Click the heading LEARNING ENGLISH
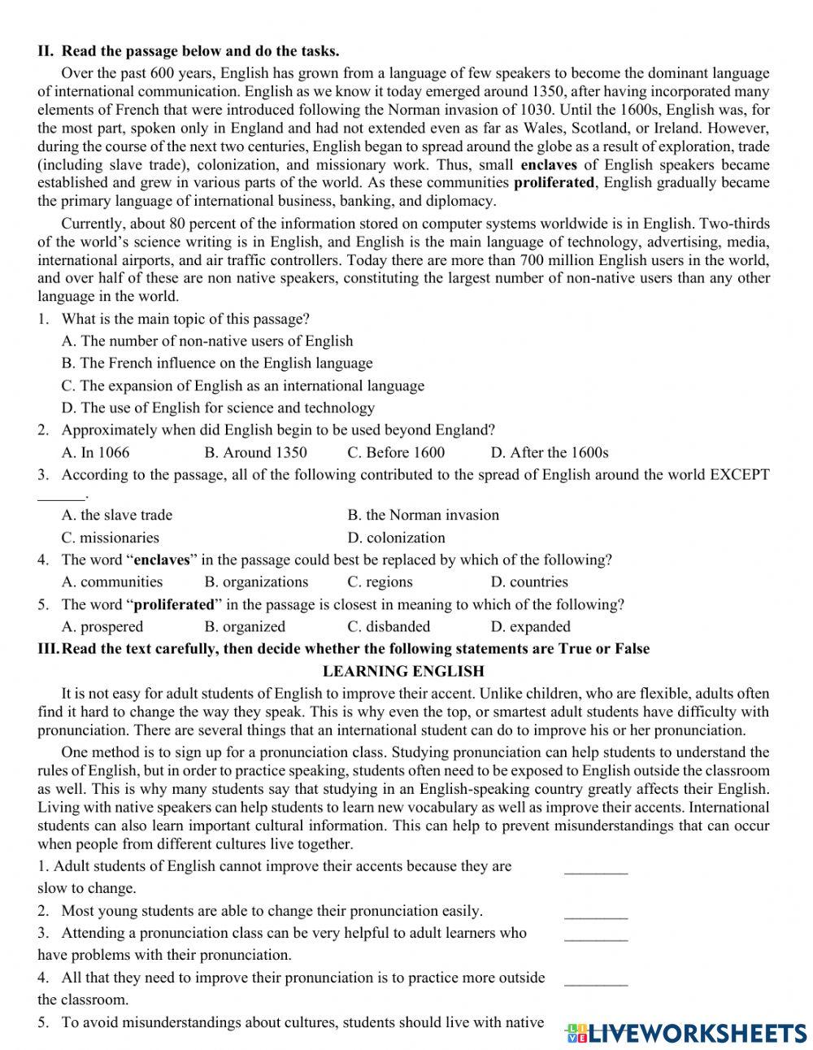coord(403,671)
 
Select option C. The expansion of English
coord(242,386)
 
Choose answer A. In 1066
coord(95,452)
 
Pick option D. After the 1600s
coord(549,452)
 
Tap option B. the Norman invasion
coord(423,515)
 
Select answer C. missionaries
coord(110,538)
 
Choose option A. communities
coord(111,582)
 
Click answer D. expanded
coord(530,626)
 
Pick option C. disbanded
coord(388,626)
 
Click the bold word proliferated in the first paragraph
coord(554,183)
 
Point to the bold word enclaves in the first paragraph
coord(549,164)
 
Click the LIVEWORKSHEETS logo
coord(685,1032)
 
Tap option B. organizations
coord(256,582)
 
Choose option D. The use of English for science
coord(218,407)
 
